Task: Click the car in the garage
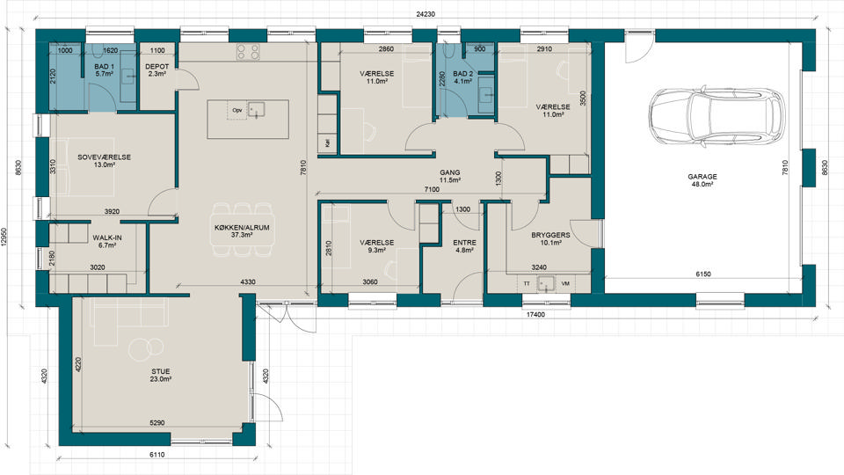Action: (x=717, y=117)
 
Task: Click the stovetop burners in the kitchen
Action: (x=248, y=52)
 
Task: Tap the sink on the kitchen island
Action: (x=256, y=109)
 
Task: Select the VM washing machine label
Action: (x=565, y=283)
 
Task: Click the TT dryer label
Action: (x=527, y=283)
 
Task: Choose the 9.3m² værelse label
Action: (x=377, y=251)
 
